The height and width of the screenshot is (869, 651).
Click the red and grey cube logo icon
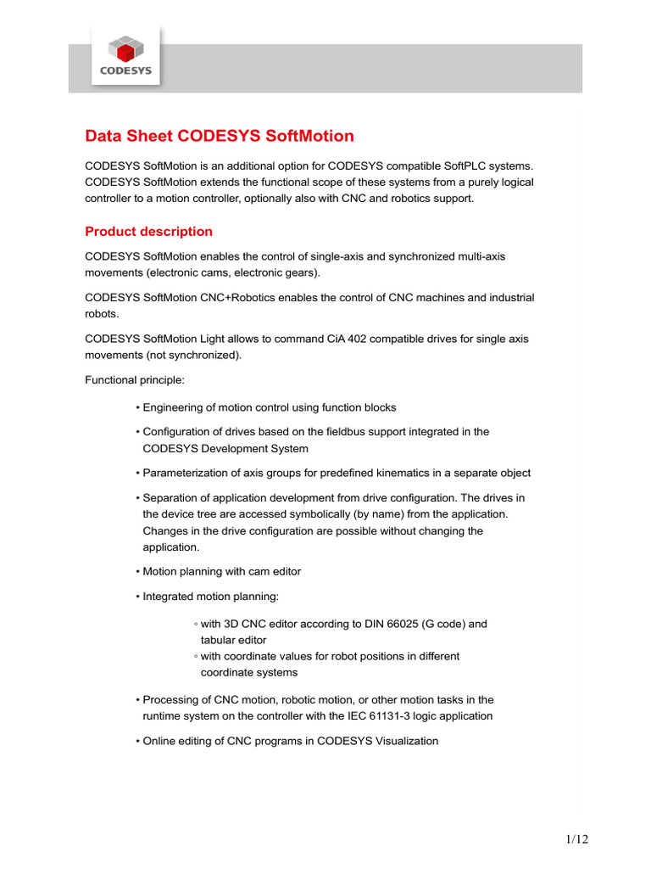[125, 48]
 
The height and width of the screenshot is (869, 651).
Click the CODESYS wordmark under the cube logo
[125, 71]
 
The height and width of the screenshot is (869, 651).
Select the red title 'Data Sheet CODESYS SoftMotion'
[220, 137]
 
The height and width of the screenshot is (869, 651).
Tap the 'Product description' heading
[148, 232]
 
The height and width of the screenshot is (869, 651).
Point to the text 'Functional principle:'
[129, 379]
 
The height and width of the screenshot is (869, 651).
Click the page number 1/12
[576, 839]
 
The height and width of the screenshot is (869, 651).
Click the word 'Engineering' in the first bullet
[173, 407]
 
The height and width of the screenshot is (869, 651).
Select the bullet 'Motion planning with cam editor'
[221, 572]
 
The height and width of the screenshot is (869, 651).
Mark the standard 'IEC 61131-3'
[378, 715]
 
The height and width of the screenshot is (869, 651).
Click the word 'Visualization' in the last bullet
[404, 741]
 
